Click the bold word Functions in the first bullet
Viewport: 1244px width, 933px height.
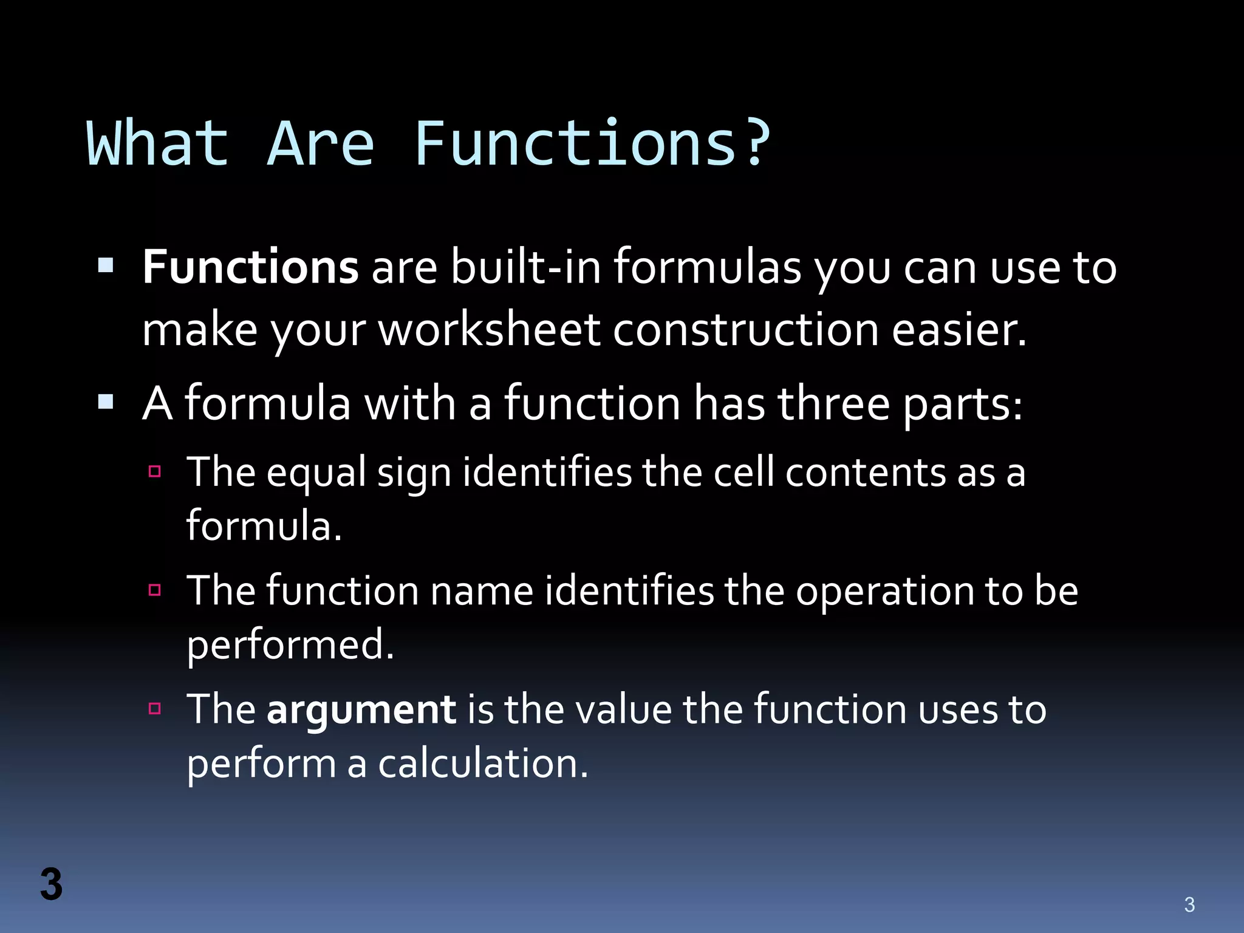pyautogui.click(x=250, y=267)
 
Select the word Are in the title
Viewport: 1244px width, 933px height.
pyautogui.click(x=321, y=143)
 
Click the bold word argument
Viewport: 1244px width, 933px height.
pyautogui.click(x=361, y=709)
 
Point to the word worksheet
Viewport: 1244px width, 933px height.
pyautogui.click(x=489, y=330)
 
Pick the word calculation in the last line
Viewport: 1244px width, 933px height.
pyautogui.click(x=483, y=764)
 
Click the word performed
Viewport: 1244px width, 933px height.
pyautogui.click(x=290, y=645)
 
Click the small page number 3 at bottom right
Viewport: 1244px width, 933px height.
pyautogui.click(x=1189, y=905)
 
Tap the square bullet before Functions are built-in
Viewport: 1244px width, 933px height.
pyautogui.click(x=106, y=265)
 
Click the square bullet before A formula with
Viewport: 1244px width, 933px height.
pyautogui.click(x=106, y=402)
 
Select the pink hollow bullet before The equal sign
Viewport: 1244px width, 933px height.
pyautogui.click(x=155, y=471)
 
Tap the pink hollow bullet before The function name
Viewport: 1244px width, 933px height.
pyautogui.click(x=155, y=590)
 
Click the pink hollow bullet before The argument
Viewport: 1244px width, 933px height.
pyautogui.click(x=155, y=708)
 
